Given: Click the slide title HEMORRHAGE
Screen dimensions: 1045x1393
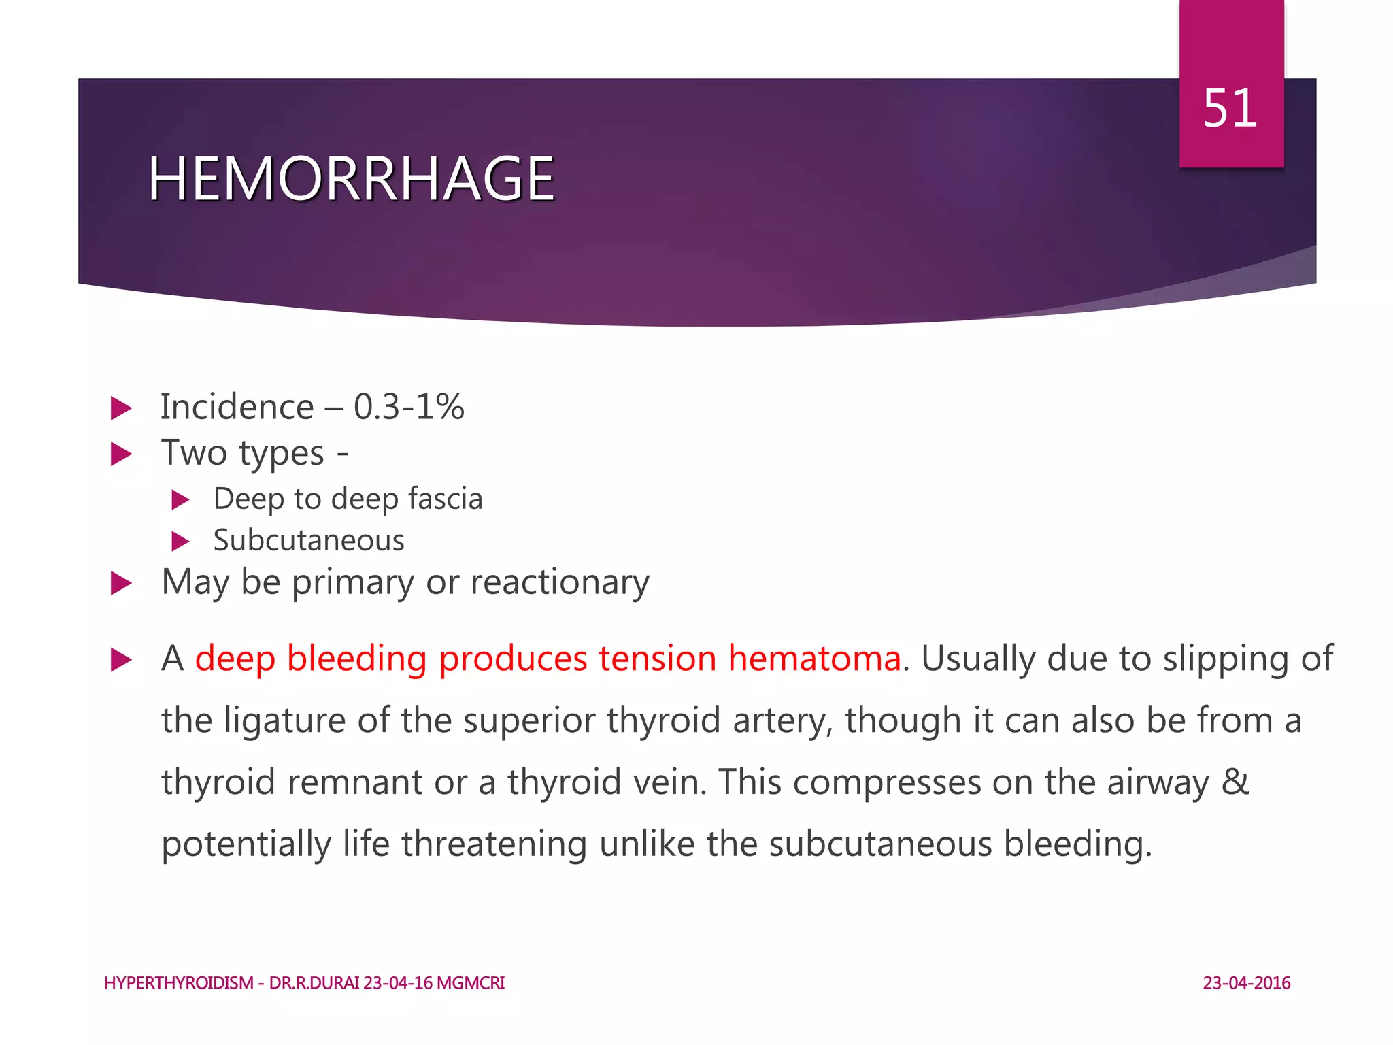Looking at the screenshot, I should click(x=351, y=179).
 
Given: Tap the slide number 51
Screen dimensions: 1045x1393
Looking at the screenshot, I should click(x=1230, y=109).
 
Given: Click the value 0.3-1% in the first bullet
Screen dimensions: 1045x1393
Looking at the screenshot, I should click(x=409, y=407).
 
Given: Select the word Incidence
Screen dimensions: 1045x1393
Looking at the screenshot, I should click(x=237, y=407).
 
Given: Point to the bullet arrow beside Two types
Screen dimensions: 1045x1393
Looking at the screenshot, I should click(x=121, y=454).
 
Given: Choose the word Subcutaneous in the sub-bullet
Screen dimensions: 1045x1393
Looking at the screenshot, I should click(x=309, y=540).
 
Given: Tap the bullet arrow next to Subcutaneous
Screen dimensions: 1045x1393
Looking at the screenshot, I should click(x=180, y=542).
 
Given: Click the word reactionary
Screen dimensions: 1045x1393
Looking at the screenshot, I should click(x=559, y=582).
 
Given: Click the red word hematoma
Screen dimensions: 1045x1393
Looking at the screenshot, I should click(x=814, y=659).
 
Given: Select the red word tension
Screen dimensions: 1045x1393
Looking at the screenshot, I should click(x=656, y=659).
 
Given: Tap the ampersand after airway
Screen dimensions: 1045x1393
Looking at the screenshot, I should click(x=1235, y=782).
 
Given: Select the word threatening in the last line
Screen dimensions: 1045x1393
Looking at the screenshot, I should click(x=494, y=844).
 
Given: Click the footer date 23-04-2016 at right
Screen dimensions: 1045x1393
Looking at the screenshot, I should click(x=1246, y=983).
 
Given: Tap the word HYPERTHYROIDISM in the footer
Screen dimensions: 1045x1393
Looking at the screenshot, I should click(x=179, y=983).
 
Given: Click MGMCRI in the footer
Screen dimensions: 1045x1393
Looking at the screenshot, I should click(x=470, y=983).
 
